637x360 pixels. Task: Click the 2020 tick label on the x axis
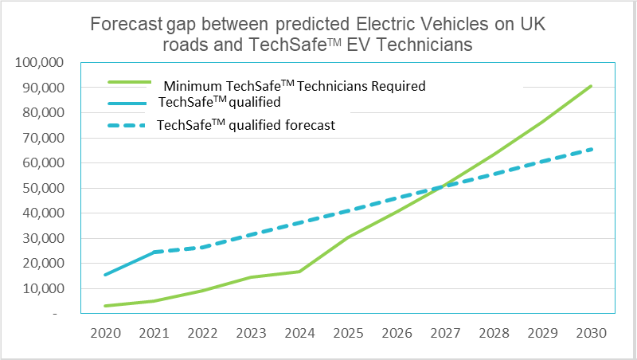(105, 333)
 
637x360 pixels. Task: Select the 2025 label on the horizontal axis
(348, 333)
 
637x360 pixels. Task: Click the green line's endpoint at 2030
(591, 86)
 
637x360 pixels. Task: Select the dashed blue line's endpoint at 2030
(591, 149)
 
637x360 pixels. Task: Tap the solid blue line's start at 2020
(105, 275)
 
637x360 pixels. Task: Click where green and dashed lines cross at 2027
(445, 186)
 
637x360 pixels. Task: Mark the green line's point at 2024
(299, 272)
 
